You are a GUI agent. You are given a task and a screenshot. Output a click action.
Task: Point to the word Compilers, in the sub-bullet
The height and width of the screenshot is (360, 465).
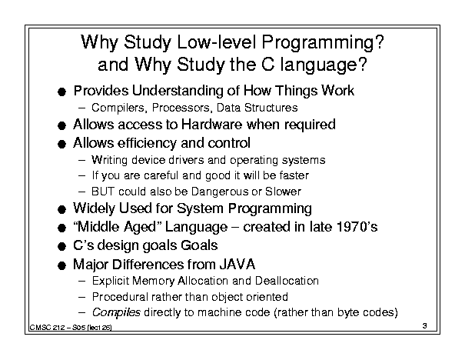click(119, 108)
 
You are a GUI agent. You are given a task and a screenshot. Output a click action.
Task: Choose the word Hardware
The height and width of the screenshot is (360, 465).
click(211, 125)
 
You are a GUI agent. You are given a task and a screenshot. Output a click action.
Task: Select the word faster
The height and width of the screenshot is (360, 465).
click(294, 175)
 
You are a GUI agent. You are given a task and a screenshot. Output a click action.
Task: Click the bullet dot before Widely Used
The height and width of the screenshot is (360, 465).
click(61, 209)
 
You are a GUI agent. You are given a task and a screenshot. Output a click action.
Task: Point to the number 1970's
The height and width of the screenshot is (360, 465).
click(357, 227)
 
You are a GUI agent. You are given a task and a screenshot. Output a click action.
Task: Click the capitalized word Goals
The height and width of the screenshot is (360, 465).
click(199, 245)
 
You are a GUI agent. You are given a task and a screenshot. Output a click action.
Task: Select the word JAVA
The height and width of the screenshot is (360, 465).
click(237, 264)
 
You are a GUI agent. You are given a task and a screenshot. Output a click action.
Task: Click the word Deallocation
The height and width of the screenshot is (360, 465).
click(287, 281)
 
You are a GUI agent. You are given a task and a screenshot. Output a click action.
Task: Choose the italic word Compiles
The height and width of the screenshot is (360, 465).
click(116, 313)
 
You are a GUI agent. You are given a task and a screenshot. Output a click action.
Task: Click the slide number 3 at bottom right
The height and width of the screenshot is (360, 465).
click(425, 325)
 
